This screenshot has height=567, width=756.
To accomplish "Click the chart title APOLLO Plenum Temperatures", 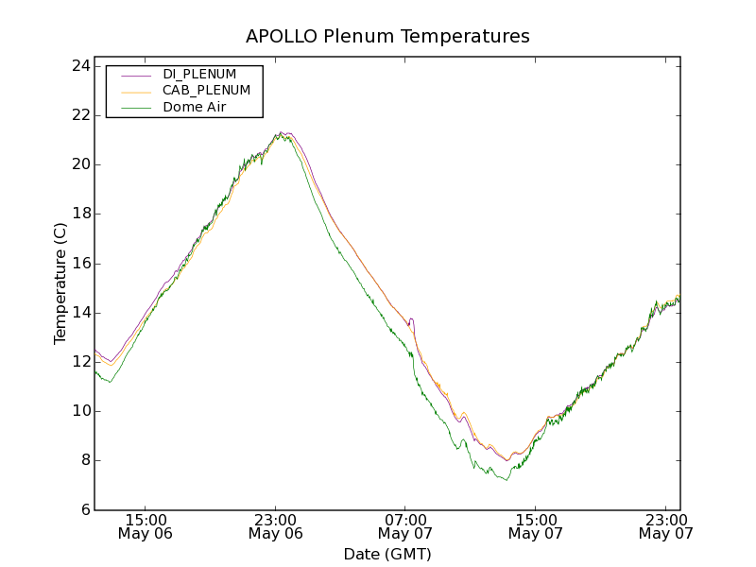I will tap(387, 37).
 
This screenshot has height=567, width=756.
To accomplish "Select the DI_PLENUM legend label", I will tap(199, 74).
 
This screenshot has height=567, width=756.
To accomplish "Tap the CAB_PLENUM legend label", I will tap(206, 91).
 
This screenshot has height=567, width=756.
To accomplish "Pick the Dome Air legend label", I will tap(197, 107).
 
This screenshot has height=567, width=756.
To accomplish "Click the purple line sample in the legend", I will tap(136, 74).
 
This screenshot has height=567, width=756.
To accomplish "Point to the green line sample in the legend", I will tap(136, 108).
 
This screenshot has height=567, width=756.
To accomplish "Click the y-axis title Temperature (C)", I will tap(60, 283).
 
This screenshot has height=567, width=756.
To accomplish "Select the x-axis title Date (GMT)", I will tap(387, 554).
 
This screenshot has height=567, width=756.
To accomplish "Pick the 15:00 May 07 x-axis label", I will tap(536, 526).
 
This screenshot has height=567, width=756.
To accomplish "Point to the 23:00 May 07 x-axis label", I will tap(665, 526).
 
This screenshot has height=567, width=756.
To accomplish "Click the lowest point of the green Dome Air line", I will tap(507, 481).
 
